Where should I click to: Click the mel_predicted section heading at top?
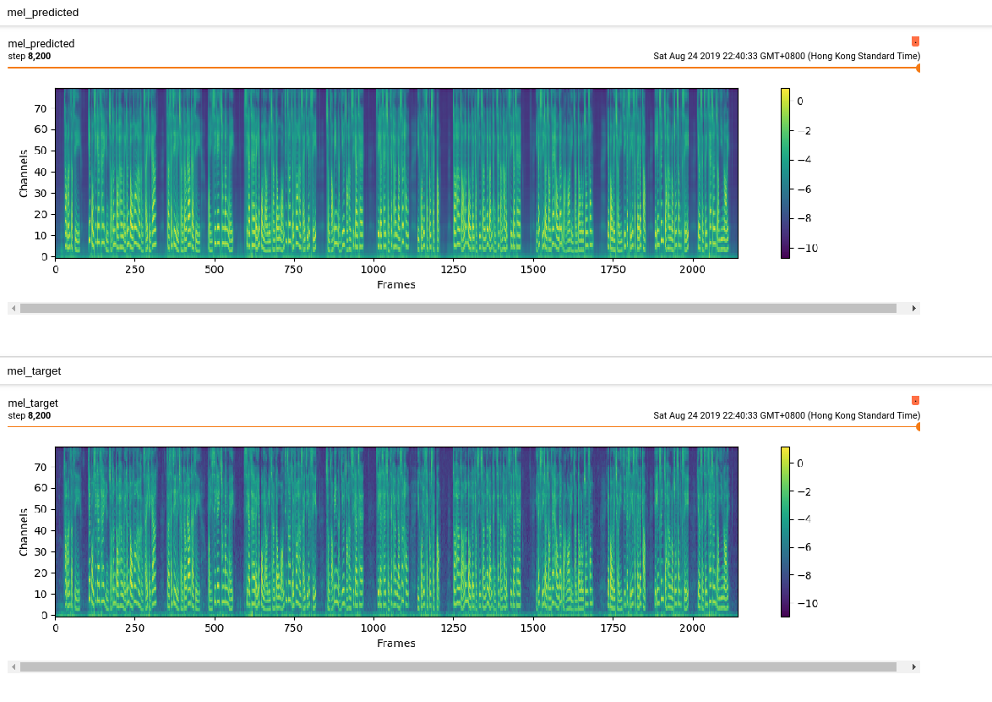(43, 13)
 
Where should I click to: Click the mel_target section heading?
(34, 370)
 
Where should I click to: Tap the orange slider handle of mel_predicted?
(918, 68)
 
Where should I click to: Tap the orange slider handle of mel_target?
(918, 426)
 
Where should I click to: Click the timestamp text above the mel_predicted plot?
(786, 57)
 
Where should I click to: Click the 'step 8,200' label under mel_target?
(30, 415)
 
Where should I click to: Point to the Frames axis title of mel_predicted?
(396, 285)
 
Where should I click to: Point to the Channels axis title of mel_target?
(25, 531)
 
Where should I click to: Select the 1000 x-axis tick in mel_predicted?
(373, 270)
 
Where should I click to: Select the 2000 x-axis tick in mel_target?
(692, 628)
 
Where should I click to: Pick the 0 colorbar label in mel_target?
(799, 463)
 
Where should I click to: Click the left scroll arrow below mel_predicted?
(14, 309)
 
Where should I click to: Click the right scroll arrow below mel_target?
(913, 666)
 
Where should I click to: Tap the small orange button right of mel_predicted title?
(915, 41)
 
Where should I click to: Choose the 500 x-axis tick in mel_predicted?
(215, 270)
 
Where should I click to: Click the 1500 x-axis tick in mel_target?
(533, 628)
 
